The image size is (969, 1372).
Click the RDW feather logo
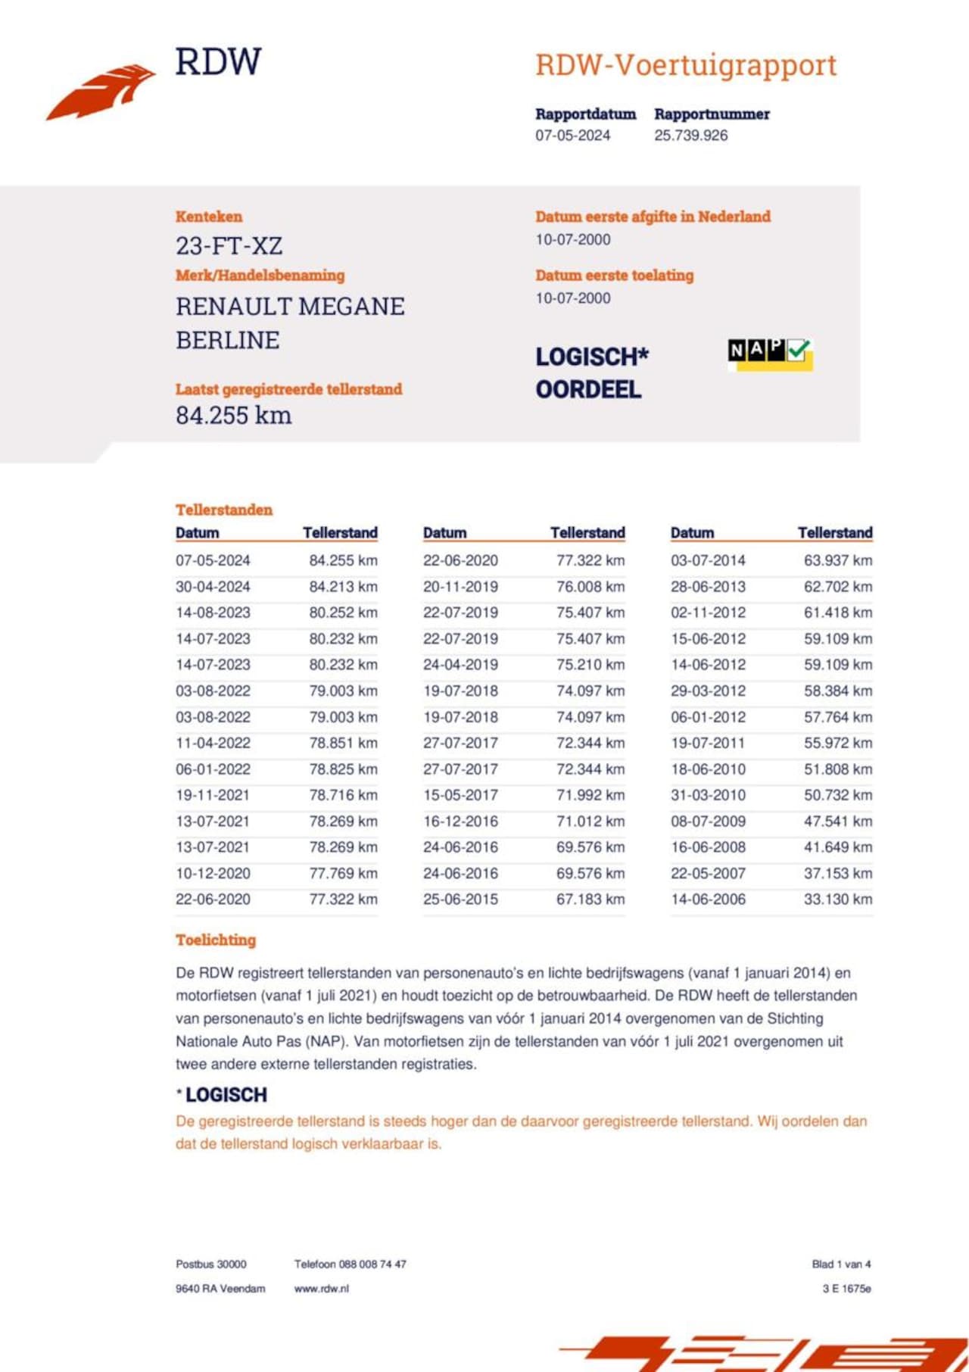[102, 91]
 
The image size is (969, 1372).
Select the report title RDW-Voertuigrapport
[686, 66]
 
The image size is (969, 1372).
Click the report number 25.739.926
[690, 136]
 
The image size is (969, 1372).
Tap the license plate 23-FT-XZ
[229, 246]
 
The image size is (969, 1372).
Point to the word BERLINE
[227, 341]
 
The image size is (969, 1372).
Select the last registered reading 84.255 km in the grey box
[233, 416]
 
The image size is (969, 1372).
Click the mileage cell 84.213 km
[343, 587]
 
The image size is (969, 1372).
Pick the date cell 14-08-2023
[213, 613]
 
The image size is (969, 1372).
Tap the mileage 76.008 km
[590, 587]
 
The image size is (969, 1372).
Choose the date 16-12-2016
[460, 822]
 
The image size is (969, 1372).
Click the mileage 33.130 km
[837, 900]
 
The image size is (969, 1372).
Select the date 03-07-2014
[708, 561]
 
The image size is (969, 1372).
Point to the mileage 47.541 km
[837, 822]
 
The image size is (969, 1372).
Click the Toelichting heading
[216, 940]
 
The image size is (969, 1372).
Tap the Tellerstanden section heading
[223, 510]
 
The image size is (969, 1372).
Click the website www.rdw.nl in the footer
[321, 1289]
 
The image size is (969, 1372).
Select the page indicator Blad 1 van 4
[841, 1264]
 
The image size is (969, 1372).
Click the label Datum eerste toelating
[614, 276]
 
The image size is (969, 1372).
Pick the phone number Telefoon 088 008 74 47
[350, 1264]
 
